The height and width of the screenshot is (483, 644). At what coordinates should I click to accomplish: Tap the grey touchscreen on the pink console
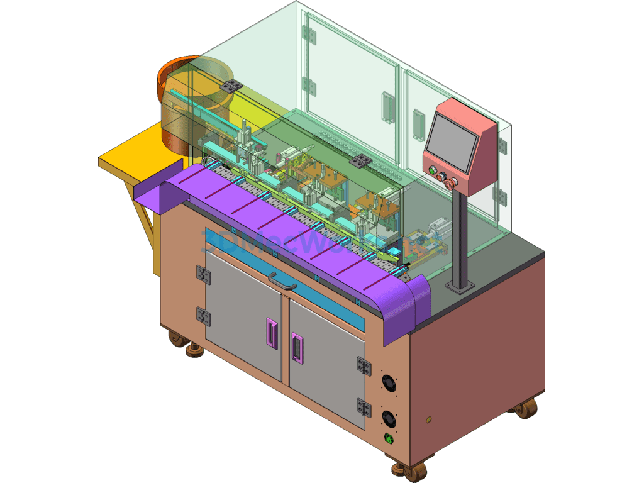coord(450,144)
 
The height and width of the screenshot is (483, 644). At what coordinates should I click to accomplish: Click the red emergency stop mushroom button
coord(450,183)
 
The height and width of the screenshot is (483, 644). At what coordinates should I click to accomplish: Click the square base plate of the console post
coord(460,286)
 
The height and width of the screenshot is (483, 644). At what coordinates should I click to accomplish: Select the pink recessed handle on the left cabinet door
coord(272,333)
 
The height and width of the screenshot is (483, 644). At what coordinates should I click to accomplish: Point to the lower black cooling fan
coord(389,417)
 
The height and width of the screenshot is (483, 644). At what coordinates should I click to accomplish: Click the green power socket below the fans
coord(390,439)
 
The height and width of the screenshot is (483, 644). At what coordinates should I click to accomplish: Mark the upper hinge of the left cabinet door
coord(203,274)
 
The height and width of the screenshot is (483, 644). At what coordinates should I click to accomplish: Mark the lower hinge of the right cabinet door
coord(363,408)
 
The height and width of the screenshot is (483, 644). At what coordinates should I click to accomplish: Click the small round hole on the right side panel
coord(430,419)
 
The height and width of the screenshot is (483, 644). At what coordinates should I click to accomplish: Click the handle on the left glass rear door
coord(387,108)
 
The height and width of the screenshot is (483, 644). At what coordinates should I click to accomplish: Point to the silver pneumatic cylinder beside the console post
coord(438,227)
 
